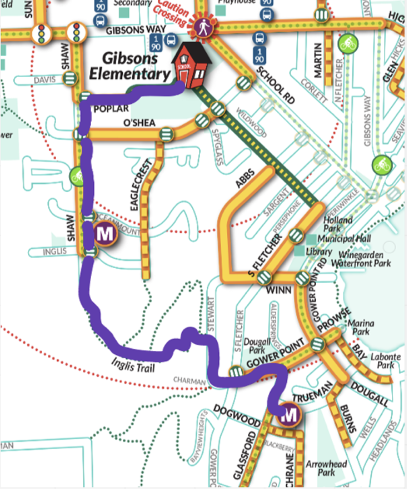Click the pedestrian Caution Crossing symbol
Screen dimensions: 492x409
point(200,26)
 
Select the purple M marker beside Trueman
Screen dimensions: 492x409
point(288,414)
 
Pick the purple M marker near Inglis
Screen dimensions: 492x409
point(104,234)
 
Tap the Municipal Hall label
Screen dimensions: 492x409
point(340,239)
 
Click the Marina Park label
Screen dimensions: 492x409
point(360,328)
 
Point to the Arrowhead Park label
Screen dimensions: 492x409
point(320,467)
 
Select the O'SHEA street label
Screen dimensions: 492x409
point(137,123)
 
